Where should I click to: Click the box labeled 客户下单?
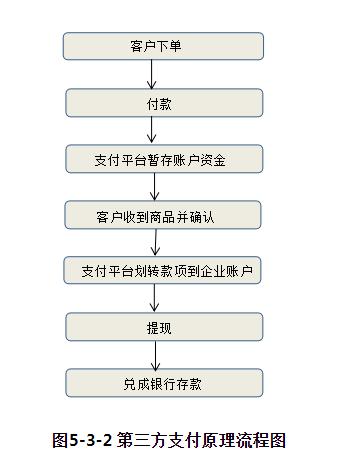[163, 46]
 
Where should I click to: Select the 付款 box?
[164, 102]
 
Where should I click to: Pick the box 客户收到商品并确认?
[164, 215]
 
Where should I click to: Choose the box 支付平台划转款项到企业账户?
[164, 271]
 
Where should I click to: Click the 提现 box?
[164, 327]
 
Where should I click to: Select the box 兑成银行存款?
[164, 383]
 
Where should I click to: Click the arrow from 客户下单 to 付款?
[152, 74]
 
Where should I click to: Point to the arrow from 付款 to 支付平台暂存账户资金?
[152, 130]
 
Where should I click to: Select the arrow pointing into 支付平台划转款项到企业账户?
[152, 242]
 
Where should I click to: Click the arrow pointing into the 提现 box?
[152, 299]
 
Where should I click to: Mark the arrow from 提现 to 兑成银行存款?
[152, 355]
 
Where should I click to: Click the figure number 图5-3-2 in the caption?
[83, 438]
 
